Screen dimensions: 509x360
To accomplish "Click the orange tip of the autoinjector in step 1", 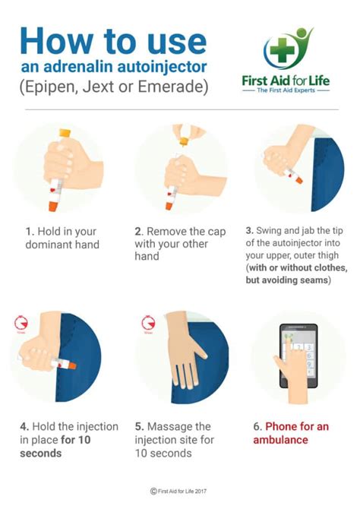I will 55,203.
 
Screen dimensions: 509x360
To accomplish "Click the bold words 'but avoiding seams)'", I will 293,279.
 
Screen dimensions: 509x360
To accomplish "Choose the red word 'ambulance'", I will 280,440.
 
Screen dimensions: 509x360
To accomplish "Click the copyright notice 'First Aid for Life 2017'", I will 184,492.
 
